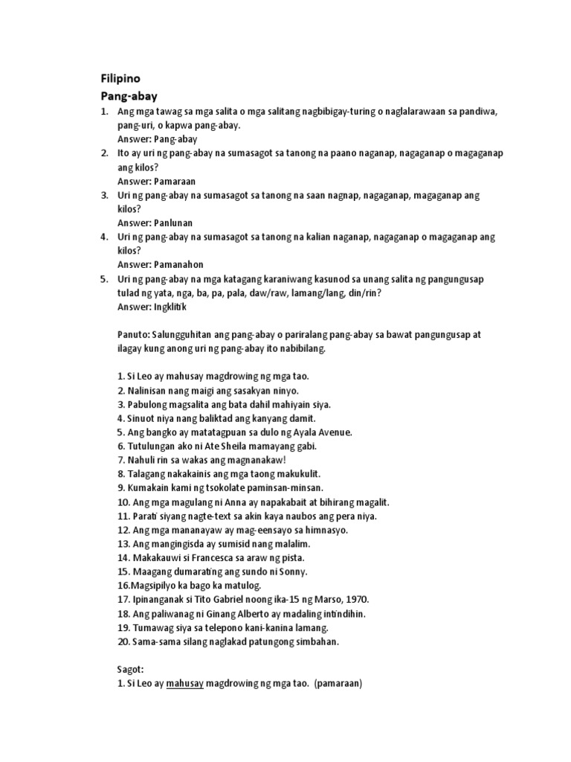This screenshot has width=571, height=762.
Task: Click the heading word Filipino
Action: coord(120,78)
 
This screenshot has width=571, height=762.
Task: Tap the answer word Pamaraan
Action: coord(174,181)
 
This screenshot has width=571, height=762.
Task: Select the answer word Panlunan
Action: coord(173,222)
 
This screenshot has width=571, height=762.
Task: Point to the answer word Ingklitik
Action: coord(172,307)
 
